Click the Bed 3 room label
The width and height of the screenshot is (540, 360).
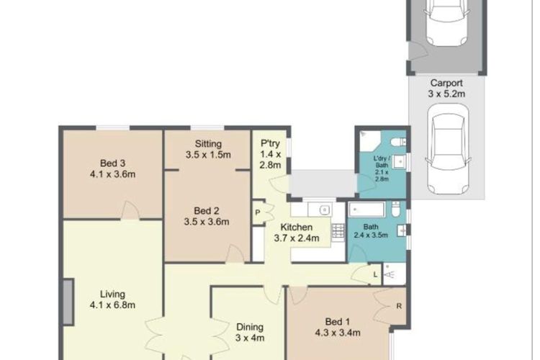[112, 163]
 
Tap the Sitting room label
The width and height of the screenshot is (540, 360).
[208, 144]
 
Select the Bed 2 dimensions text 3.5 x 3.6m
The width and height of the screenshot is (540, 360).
[207, 222]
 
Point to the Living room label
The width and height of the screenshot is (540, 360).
[112, 294]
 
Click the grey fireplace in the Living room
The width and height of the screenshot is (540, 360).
[68, 302]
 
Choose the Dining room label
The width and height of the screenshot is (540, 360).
[250, 327]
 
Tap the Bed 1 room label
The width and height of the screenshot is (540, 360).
[338, 322]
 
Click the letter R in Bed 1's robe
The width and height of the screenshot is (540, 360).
[399, 306]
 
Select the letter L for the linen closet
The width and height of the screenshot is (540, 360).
[375, 274]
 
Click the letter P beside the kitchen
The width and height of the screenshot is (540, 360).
[257, 212]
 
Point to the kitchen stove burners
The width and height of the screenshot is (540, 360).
[338, 232]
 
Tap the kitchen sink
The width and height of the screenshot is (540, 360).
[319, 209]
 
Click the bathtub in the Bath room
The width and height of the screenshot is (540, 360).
[366, 210]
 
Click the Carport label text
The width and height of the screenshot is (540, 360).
[446, 83]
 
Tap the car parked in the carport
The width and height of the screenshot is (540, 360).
[448, 149]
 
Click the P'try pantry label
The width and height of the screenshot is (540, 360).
[270, 143]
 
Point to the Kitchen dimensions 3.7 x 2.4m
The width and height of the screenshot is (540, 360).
[297, 238]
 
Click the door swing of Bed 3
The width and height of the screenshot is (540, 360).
[130, 210]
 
